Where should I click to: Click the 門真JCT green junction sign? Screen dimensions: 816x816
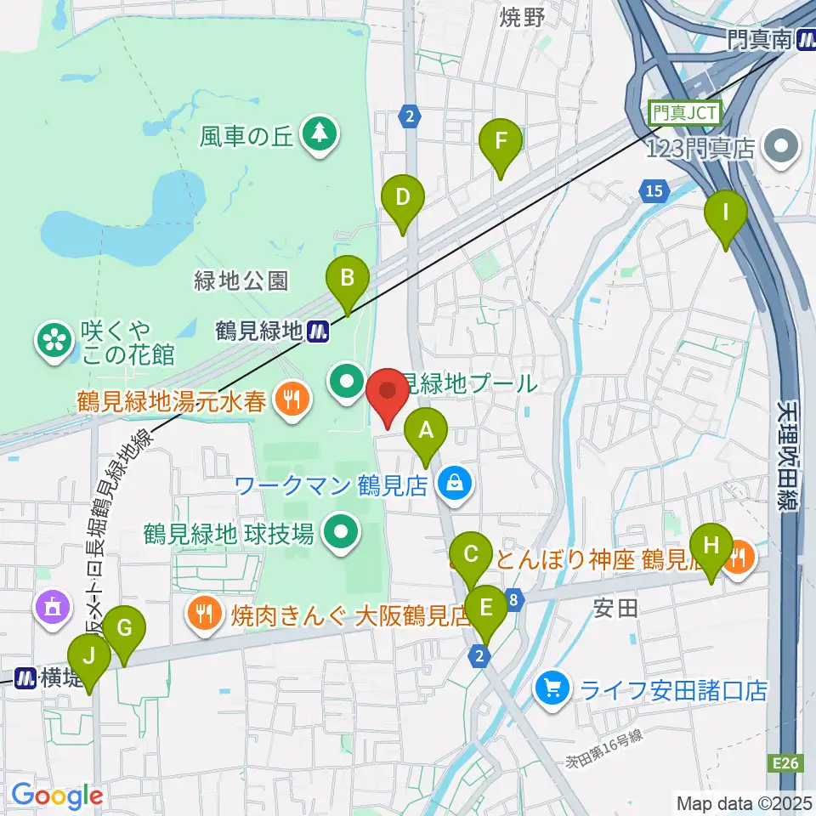tap(684, 111)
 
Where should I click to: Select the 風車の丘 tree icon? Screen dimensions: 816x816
tap(320, 133)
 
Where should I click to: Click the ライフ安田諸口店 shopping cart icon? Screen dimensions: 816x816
tap(552, 687)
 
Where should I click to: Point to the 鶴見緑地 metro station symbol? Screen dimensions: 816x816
tap(319, 331)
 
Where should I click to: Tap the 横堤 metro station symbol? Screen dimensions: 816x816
tap(25, 677)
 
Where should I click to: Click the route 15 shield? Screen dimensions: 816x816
tap(653, 192)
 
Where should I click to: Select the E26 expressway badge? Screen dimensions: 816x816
tap(787, 765)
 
